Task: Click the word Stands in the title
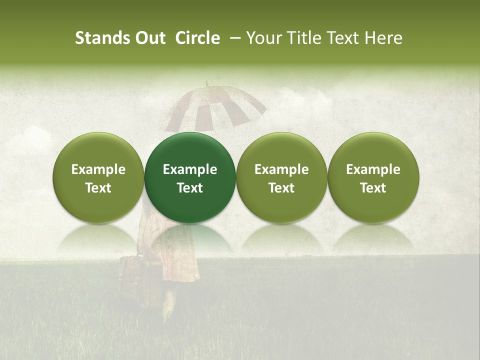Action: [x=101, y=38]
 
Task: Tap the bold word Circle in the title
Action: [x=197, y=38]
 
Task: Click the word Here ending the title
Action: [x=383, y=38]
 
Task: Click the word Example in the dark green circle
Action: [x=190, y=169]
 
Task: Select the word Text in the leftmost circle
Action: [x=98, y=188]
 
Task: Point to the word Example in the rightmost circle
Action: [x=373, y=169]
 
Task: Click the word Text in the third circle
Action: [x=281, y=188]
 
